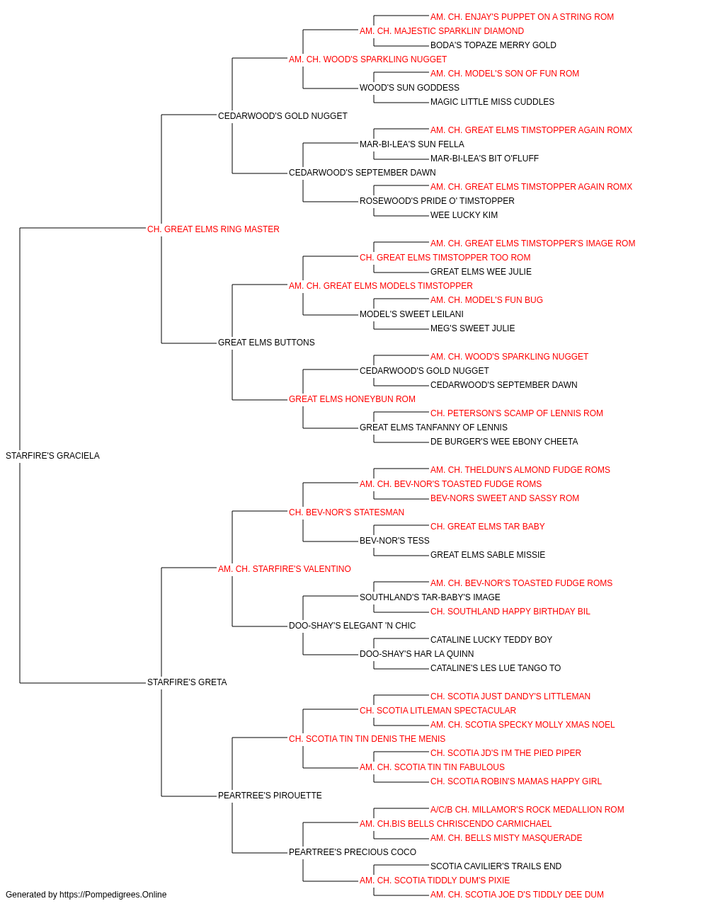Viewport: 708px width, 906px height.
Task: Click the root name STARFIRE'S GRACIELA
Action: tap(52, 456)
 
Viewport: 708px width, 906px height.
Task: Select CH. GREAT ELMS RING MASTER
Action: tap(213, 229)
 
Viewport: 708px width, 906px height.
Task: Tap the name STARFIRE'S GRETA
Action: tap(187, 682)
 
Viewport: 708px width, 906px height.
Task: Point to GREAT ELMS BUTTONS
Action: tap(266, 343)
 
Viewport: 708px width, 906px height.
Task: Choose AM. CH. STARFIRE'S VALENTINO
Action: tap(285, 569)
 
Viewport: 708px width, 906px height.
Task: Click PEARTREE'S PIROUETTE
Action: tap(270, 796)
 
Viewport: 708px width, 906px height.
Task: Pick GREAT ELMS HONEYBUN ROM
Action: tap(352, 399)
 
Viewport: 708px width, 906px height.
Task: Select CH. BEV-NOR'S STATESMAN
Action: tap(346, 512)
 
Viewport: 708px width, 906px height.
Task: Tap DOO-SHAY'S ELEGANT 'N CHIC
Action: tap(352, 626)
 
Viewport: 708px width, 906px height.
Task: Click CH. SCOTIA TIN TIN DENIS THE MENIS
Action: tap(367, 739)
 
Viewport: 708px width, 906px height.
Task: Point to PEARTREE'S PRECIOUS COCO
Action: tap(353, 852)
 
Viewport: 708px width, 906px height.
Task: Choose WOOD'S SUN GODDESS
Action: tap(409, 88)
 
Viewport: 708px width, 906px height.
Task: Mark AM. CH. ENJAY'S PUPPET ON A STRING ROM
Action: tap(522, 17)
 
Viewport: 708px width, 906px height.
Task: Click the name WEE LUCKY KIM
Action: tap(464, 215)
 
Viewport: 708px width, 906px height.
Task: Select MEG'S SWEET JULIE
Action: tap(472, 328)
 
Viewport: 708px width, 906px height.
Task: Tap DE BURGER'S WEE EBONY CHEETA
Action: tap(504, 442)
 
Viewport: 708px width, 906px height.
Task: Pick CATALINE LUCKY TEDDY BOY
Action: tap(491, 640)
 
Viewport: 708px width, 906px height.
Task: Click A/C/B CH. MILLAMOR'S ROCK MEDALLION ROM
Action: tap(527, 810)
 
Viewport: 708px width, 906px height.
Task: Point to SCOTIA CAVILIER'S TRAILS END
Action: tap(496, 866)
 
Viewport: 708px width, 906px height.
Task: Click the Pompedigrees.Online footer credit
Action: tap(86, 895)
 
